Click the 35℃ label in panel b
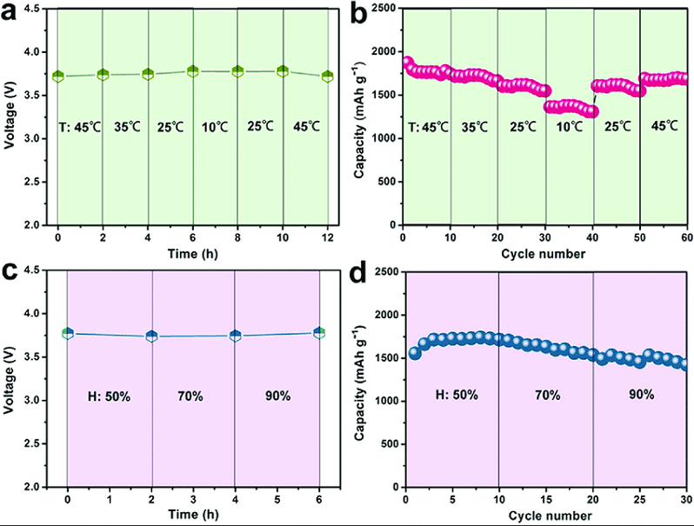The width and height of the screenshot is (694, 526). click(474, 127)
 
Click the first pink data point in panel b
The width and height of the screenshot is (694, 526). click(407, 63)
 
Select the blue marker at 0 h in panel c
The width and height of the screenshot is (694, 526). click(68, 333)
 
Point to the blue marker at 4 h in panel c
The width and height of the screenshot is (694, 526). click(236, 336)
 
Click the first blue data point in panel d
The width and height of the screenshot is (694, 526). click(414, 354)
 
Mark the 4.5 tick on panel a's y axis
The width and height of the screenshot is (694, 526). click(38, 9)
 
